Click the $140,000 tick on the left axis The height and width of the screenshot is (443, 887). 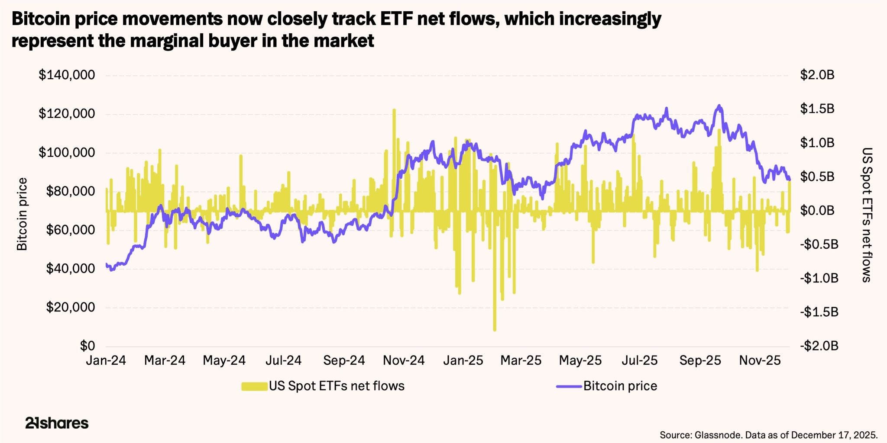tap(67, 75)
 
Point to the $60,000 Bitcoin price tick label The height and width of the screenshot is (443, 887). tap(71, 230)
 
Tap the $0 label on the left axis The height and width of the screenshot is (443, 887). tap(87, 346)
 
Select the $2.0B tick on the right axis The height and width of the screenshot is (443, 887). tap(817, 75)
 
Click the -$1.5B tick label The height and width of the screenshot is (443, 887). tap(819, 312)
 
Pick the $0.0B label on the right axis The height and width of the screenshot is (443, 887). tap(817, 211)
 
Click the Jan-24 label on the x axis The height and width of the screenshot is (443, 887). tap(106, 360)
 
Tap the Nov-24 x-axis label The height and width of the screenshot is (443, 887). tap(404, 360)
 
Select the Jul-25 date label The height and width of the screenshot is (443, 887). tap(639, 360)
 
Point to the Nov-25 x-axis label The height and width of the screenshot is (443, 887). tap(760, 360)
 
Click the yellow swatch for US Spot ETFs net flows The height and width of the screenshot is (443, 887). tap(254, 386)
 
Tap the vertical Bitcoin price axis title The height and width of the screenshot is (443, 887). tap(22, 214)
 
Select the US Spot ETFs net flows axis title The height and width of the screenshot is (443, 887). tap(866, 215)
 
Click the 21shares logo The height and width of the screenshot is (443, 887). tap(57, 423)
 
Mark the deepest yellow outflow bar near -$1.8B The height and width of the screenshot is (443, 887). tap(495, 330)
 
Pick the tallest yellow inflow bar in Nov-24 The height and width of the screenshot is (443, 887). tap(394, 111)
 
